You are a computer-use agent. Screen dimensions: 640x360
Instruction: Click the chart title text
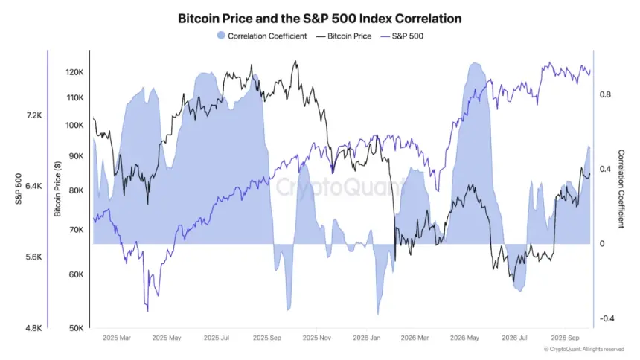click(x=319, y=19)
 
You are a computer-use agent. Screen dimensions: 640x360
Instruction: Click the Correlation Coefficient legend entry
click(x=262, y=36)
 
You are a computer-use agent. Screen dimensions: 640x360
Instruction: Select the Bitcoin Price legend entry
click(x=344, y=36)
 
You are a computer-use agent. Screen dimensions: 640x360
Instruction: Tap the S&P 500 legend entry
click(x=402, y=36)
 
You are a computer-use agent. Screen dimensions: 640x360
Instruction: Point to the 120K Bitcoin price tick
click(x=74, y=72)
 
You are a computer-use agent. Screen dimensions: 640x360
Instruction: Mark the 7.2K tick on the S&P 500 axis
click(x=34, y=115)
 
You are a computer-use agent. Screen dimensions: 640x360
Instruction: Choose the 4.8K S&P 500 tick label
click(x=34, y=328)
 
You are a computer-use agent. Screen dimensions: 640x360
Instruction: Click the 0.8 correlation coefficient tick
click(x=605, y=94)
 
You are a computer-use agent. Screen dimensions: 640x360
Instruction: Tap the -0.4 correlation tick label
click(x=607, y=318)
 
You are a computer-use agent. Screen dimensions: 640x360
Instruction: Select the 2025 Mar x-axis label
click(x=117, y=338)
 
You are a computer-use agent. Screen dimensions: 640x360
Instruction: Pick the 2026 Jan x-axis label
click(x=367, y=338)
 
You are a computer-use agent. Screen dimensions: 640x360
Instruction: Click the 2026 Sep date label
click(x=565, y=338)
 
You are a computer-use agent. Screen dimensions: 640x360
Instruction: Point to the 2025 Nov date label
click(x=316, y=338)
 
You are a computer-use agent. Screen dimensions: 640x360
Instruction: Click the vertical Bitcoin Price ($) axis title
click(x=57, y=189)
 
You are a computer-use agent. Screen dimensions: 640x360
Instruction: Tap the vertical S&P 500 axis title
click(x=19, y=189)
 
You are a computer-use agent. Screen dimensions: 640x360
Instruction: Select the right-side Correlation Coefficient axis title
click(x=621, y=189)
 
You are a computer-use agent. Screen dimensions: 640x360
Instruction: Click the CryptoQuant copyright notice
click(x=584, y=350)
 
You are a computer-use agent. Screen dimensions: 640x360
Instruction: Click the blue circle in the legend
click(x=221, y=36)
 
